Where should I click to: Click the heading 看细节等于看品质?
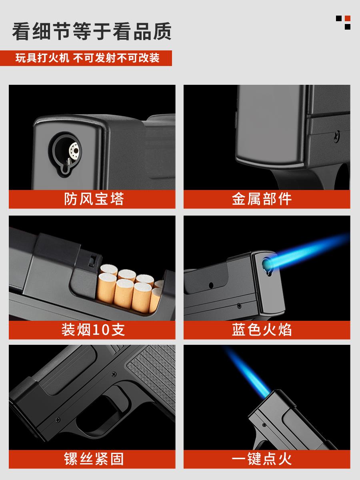point(92,32)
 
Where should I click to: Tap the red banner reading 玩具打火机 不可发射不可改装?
point(86,58)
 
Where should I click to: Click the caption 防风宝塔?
point(94,199)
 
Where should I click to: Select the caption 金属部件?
point(262,199)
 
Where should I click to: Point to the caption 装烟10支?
point(93,330)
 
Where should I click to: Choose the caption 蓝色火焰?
point(262,330)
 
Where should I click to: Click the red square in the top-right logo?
point(348,18)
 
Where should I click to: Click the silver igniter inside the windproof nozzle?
point(75,151)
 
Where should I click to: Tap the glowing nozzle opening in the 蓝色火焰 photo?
point(267,264)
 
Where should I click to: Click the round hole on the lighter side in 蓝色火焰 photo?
point(211,285)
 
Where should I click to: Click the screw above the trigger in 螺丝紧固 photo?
point(114,374)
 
